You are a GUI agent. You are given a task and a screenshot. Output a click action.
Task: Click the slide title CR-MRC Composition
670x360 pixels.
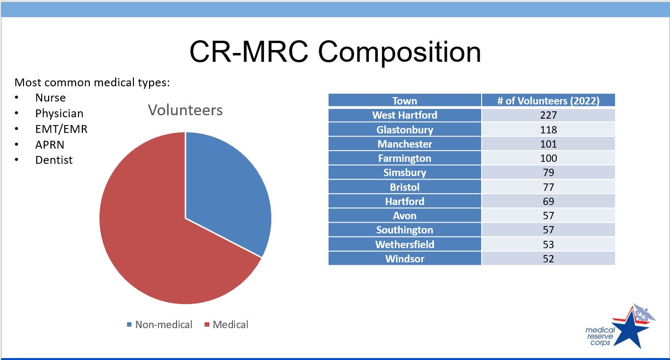(x=335, y=51)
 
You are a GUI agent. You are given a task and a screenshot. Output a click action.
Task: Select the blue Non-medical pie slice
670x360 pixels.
(x=226, y=191)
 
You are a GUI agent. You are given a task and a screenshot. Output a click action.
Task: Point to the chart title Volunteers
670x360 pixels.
(x=185, y=110)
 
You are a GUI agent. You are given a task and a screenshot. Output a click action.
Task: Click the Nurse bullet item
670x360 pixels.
(x=50, y=98)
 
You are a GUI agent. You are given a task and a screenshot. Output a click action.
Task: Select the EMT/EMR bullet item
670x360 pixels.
(x=61, y=129)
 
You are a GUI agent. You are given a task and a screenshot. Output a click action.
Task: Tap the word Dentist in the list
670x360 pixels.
(x=54, y=160)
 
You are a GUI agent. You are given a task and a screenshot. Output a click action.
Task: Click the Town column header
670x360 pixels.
(x=405, y=101)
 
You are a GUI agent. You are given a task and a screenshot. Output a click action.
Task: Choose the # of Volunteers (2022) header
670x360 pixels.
(x=548, y=101)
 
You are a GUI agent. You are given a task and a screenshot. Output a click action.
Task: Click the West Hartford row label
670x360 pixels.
(x=405, y=115)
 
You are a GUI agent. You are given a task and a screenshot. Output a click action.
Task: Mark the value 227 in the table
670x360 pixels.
(x=548, y=115)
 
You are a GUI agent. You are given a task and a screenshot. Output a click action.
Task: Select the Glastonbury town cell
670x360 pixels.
(x=405, y=130)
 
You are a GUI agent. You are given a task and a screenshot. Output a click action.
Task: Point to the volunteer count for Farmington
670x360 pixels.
(x=548, y=158)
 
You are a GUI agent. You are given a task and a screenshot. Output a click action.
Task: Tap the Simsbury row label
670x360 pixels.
(x=405, y=173)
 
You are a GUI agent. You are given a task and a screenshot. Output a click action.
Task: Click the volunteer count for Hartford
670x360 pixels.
(x=548, y=201)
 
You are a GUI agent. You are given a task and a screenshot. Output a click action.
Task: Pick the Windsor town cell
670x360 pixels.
(x=405, y=258)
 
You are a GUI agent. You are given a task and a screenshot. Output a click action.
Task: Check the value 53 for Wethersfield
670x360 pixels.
(x=548, y=244)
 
